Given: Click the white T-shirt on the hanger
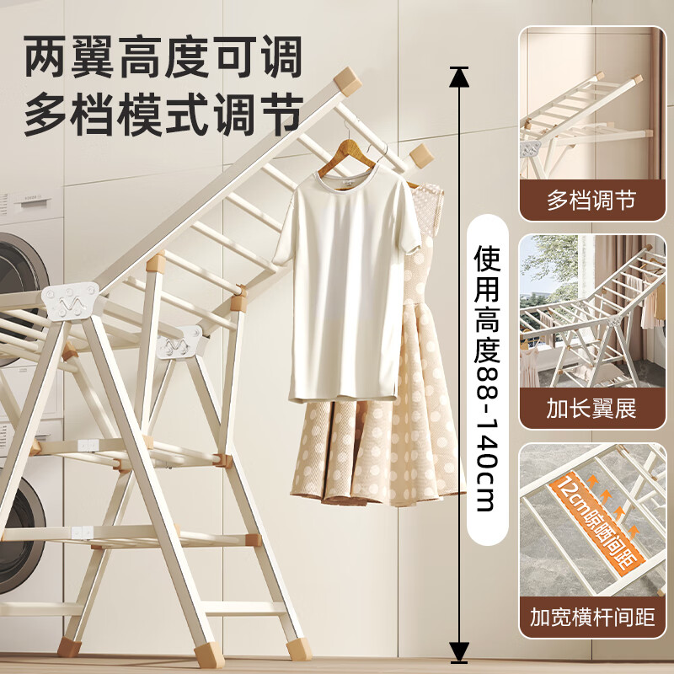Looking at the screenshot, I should click(345, 286).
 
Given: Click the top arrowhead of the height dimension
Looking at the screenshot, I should click(458, 78).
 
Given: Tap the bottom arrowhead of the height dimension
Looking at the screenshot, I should click(458, 649).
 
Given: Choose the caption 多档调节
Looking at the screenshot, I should click(591, 201).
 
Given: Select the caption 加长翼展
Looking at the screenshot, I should click(591, 410).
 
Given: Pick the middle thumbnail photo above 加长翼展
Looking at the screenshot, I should click(591, 312).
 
